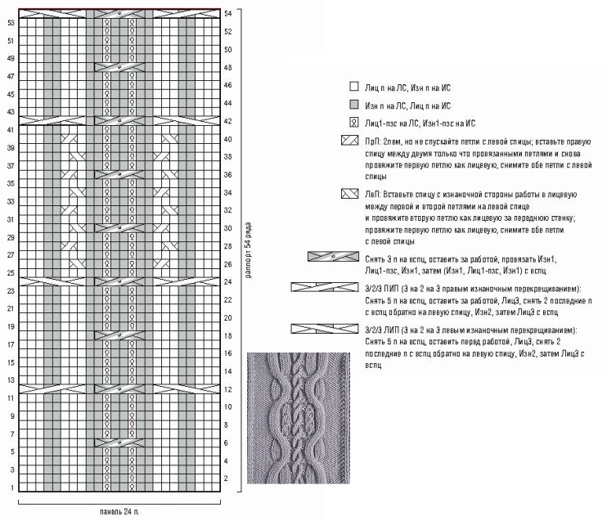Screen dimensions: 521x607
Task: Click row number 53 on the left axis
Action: pos(11,23)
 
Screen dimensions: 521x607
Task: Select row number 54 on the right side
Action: pos(228,14)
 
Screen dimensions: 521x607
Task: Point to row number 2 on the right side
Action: pos(227,479)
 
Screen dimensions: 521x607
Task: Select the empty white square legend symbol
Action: pos(353,85)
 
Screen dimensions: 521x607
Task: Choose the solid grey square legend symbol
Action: pos(353,105)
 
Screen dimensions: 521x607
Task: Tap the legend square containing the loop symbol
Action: pos(353,124)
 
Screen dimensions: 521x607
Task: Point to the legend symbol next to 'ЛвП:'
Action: pos(348,195)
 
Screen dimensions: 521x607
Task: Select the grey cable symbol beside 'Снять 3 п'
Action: pos(328,257)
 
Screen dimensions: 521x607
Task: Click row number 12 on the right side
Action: pos(228,389)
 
